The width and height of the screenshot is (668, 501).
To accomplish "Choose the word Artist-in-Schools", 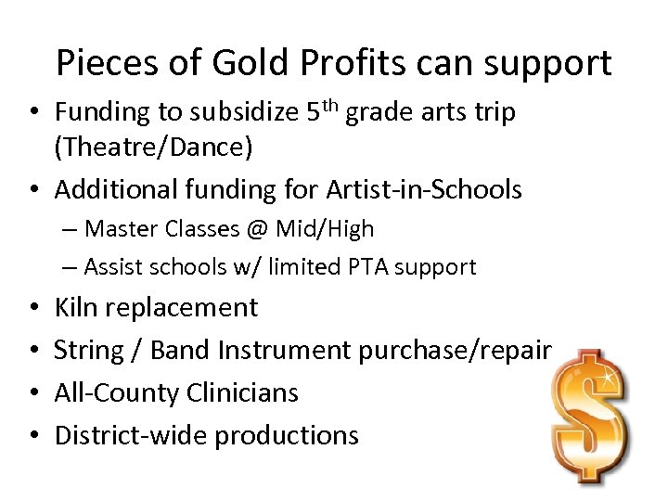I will [x=424, y=190].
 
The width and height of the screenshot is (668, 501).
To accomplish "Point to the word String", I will [x=88, y=351].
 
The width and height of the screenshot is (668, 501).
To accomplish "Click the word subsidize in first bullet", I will [x=235, y=112].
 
